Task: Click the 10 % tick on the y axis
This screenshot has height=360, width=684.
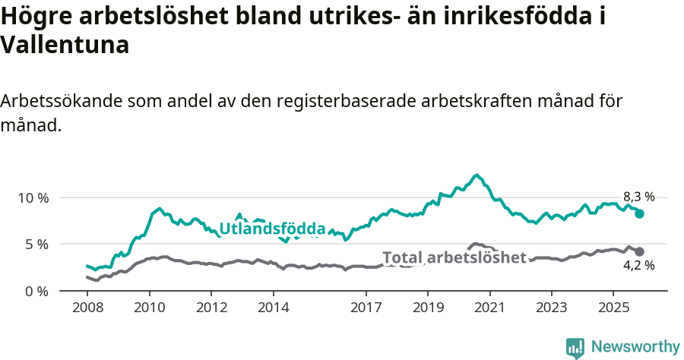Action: coord(33,197)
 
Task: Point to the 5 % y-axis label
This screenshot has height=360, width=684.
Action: coord(36,245)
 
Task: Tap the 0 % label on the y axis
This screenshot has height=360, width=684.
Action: coord(36,292)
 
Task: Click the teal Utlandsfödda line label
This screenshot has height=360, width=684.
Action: coord(272,229)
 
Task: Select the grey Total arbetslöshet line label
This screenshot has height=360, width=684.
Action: coord(454,257)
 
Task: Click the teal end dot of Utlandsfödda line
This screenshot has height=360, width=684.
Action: coord(640,214)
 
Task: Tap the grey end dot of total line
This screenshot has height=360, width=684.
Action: coord(640,251)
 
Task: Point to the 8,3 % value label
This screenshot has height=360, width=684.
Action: coord(638,197)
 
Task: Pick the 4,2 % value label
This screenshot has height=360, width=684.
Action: coord(638,266)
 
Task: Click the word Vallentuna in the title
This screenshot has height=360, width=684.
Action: coord(65,45)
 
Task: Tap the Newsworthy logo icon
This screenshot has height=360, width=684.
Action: coord(575,348)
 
